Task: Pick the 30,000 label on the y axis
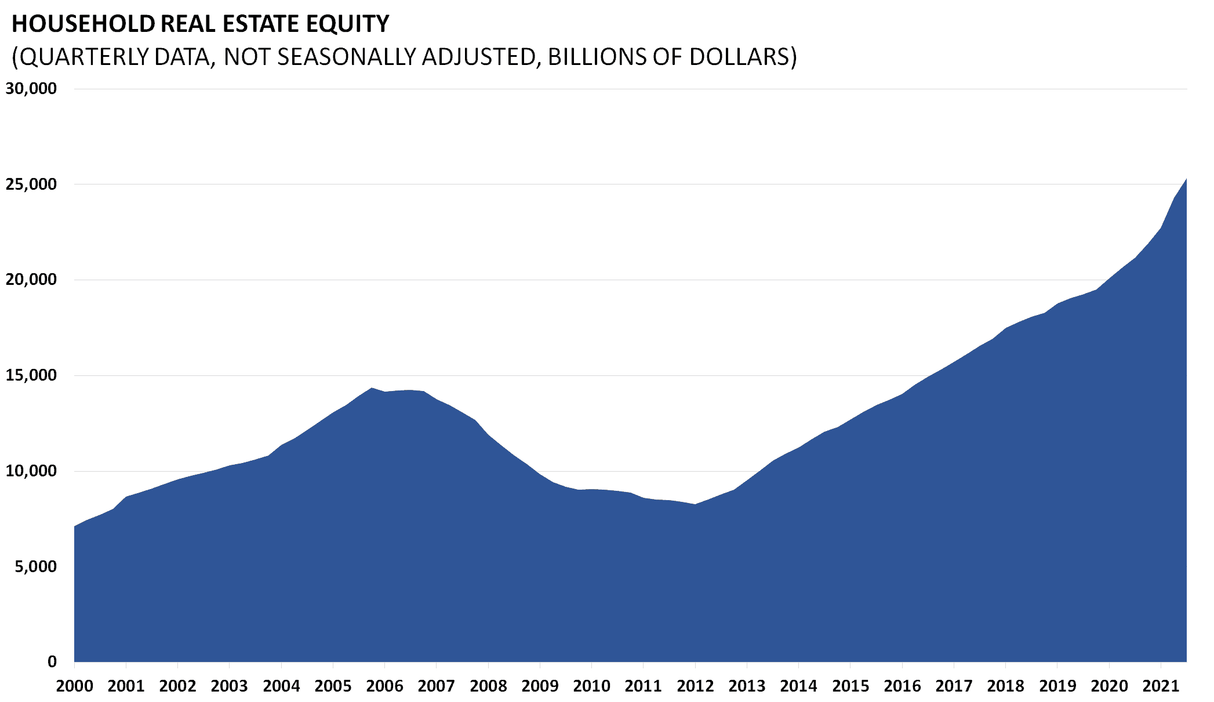pos(31,89)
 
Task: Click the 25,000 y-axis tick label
pos(31,184)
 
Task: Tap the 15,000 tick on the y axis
pos(31,375)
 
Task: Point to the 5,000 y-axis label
pos(36,566)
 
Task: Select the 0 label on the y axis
pos(52,661)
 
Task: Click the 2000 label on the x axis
pos(75,686)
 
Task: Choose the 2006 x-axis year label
pos(385,686)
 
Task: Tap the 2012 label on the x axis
pos(695,686)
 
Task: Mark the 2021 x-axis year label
pos(1161,686)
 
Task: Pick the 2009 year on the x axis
pos(540,686)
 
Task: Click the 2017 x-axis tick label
pos(954,686)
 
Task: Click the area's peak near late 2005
pos(372,388)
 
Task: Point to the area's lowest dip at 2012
pos(695,504)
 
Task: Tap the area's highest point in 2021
pos(1186,179)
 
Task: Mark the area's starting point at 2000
pos(75,526)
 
